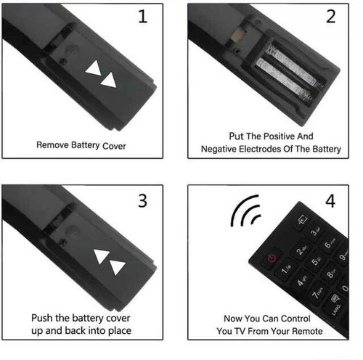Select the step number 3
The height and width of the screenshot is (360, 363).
[142, 200]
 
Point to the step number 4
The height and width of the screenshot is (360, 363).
[330, 200]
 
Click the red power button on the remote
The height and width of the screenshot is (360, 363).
[272, 257]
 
